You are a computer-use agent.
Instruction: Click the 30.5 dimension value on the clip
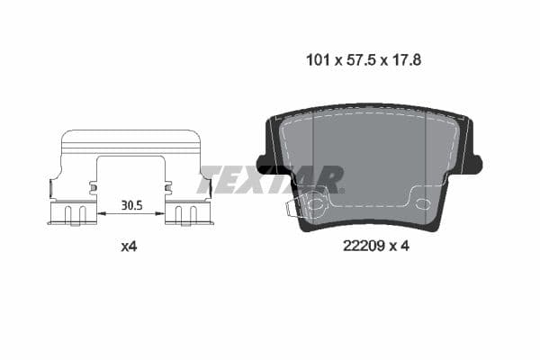coord(131,204)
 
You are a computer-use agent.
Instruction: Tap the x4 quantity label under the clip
coord(129,245)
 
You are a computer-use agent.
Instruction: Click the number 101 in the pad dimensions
coord(317,60)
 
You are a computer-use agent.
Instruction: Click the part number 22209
coord(363,245)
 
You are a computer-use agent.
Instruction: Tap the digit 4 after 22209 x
coord(406,245)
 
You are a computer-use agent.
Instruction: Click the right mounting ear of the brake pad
coord(474,163)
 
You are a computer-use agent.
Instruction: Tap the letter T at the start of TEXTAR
coord(210,178)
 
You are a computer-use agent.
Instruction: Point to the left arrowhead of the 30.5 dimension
coord(101,213)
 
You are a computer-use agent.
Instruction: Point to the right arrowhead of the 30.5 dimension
coord(162,213)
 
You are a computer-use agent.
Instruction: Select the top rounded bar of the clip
coord(130,138)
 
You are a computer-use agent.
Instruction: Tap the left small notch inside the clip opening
coord(94,187)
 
